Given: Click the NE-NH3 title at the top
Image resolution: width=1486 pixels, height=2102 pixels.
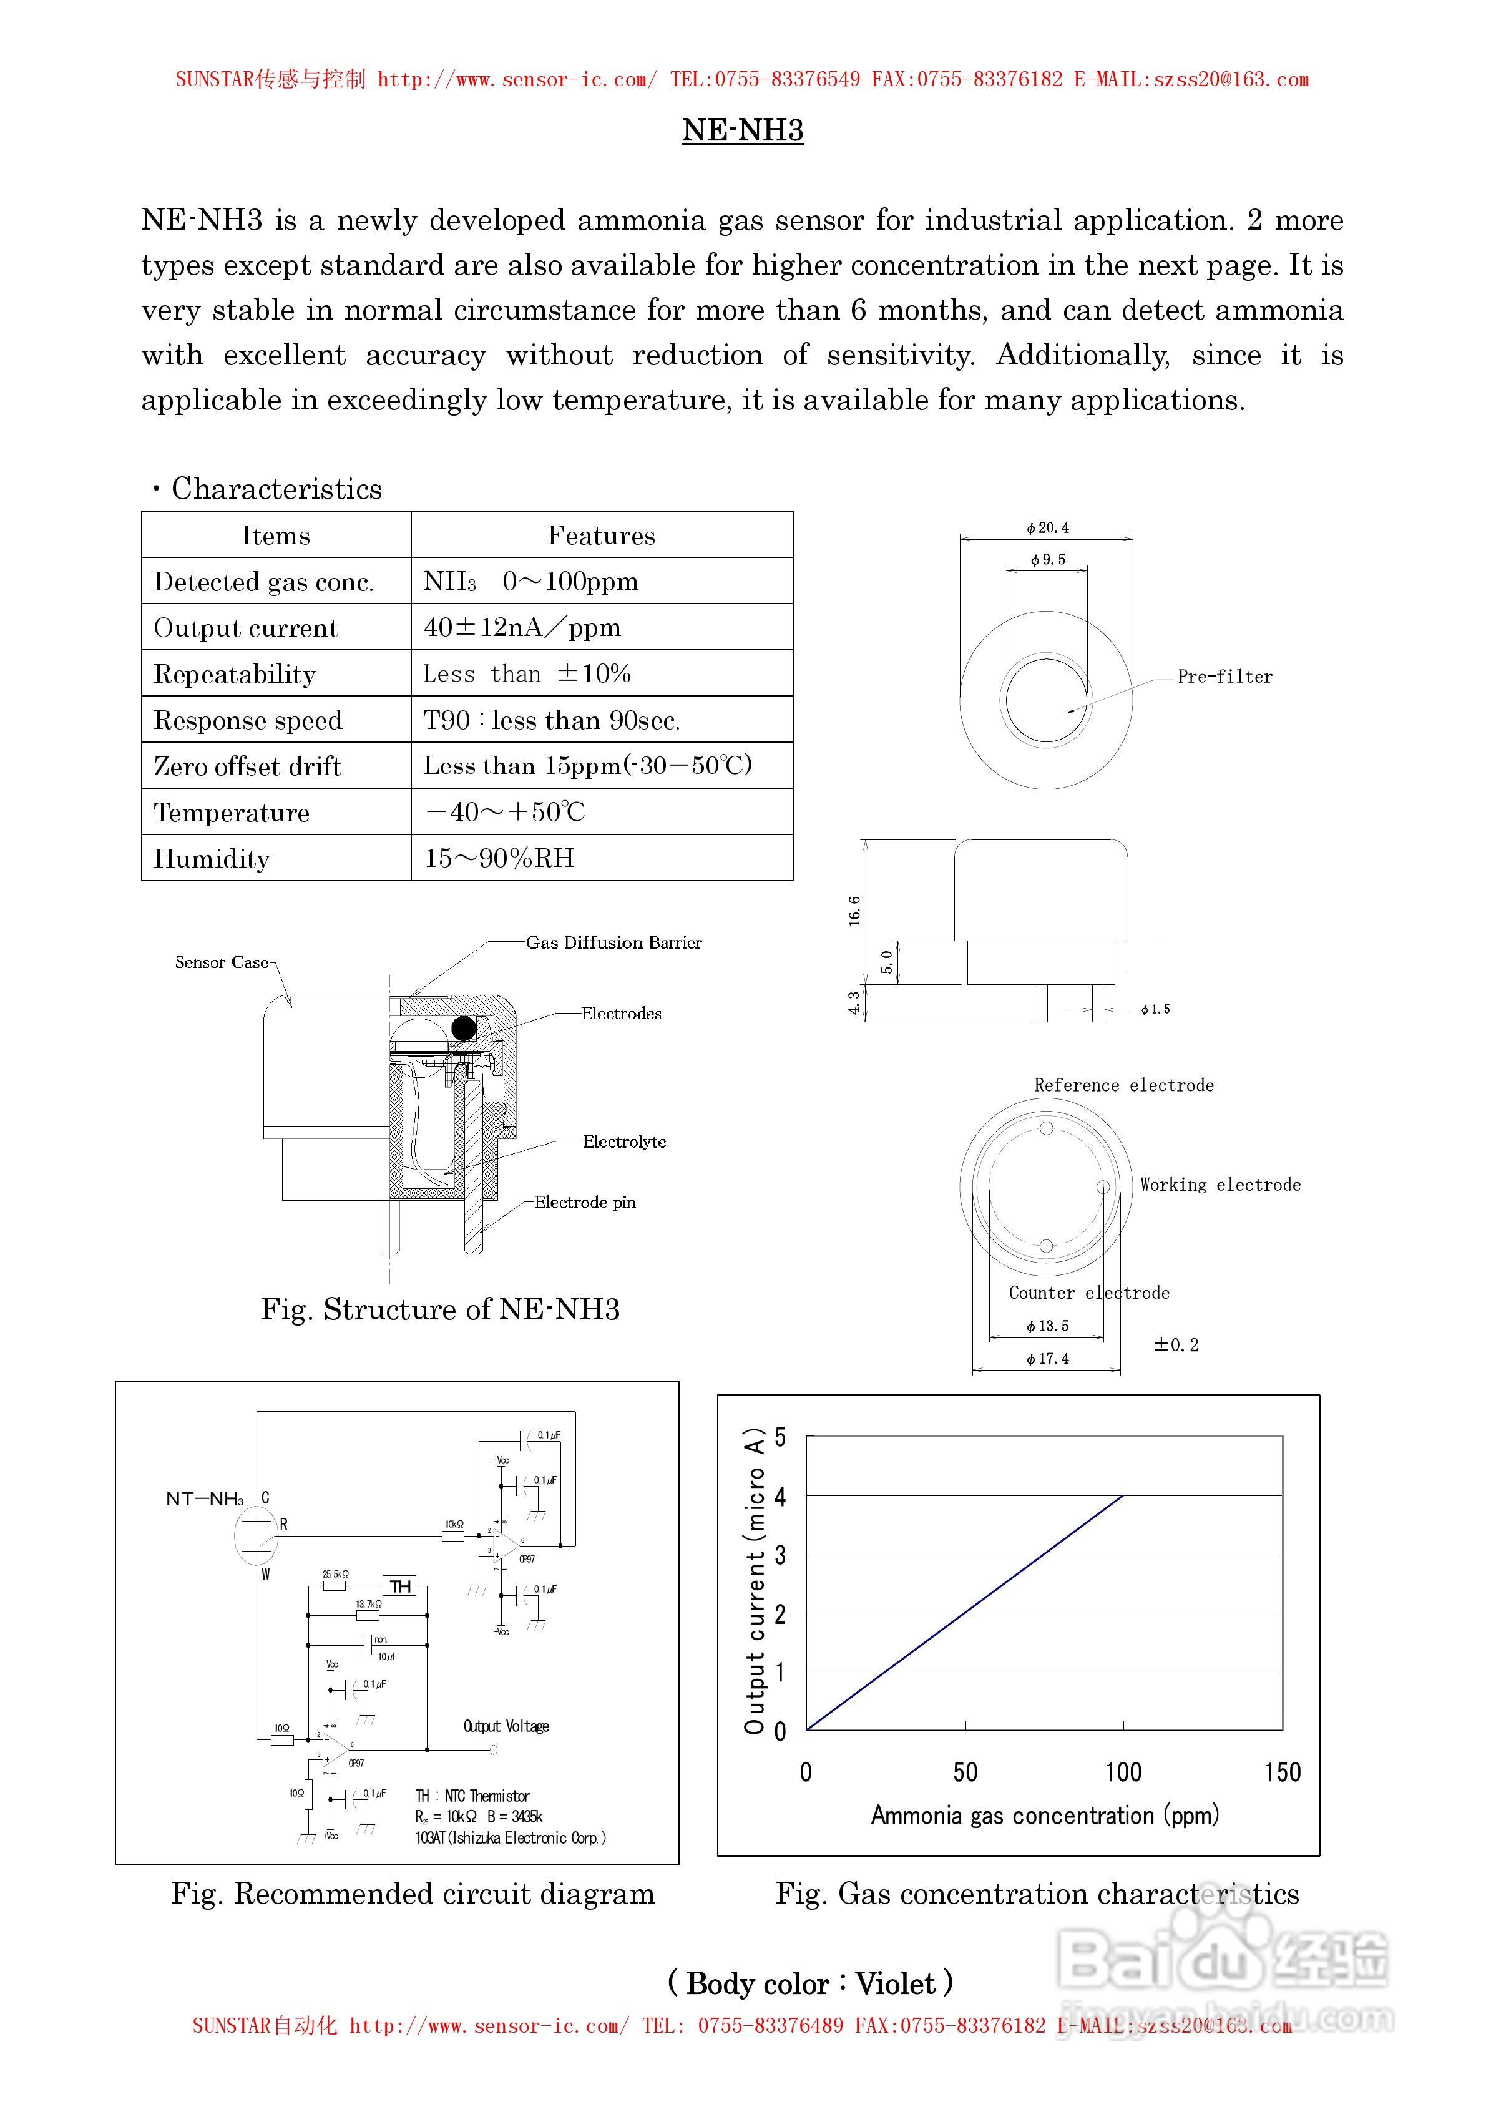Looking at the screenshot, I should coord(743,130).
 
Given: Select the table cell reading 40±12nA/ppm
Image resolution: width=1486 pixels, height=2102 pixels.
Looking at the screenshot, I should coord(522,627).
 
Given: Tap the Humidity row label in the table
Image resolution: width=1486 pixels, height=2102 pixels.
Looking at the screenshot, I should coord(212,859).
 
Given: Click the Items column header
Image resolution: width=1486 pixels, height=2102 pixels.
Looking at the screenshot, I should coord(276,535).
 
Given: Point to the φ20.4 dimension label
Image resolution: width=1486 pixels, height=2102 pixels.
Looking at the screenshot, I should coord(1047,528).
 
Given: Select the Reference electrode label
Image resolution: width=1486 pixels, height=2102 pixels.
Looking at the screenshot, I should coord(1123,1085).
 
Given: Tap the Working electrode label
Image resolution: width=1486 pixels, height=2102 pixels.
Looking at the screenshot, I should coord(1220,1185).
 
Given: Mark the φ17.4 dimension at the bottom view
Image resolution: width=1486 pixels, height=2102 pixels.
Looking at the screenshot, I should coord(1047,1359).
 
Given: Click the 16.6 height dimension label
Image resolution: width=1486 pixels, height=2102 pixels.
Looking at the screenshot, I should coord(854,911).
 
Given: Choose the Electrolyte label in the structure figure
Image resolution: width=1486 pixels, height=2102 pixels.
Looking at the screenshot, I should coord(625,1141).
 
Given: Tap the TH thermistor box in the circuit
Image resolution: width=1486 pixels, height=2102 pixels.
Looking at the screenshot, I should coord(400,1586).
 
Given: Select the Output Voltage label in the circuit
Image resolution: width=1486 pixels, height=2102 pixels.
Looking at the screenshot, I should coord(506,1727).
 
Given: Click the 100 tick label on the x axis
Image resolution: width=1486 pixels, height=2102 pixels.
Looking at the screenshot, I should coord(1123,1772).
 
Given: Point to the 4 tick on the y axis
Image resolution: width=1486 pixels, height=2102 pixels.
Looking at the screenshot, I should coord(780,1497).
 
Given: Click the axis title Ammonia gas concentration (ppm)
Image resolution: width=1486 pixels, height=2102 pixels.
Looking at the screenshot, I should coord(1045,1816).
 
